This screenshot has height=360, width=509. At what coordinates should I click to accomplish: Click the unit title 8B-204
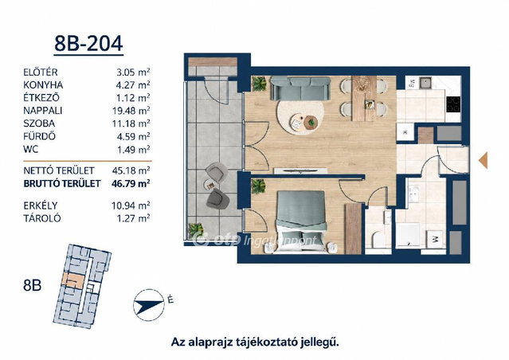pos(88,44)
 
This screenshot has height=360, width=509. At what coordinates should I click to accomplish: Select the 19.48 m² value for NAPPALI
pos(131,111)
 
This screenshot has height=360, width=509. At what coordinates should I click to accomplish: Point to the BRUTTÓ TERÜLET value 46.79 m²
pos(131,184)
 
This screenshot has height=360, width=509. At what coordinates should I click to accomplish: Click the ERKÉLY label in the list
pos(41,205)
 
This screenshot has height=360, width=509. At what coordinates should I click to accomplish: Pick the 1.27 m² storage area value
pos(133,218)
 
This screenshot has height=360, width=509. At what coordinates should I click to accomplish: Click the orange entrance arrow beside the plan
pos(484,160)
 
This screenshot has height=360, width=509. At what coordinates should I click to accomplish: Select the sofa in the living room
pos(300,88)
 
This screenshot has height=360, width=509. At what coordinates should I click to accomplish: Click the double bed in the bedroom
pos(301,221)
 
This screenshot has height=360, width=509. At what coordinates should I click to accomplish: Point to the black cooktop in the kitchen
pos(454,104)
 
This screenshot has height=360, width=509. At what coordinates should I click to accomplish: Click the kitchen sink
pos(425,83)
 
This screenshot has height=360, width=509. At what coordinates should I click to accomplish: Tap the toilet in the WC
pos(378,240)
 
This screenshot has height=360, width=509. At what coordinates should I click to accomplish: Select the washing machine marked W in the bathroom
pos(435,240)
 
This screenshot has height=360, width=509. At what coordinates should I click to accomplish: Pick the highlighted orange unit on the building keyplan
pos(74,280)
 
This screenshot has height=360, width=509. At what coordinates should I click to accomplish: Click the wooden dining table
pos(365,98)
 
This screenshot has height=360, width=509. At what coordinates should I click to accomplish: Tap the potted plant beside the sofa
pos(259,84)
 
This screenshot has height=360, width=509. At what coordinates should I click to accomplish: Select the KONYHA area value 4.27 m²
pos(133,85)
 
